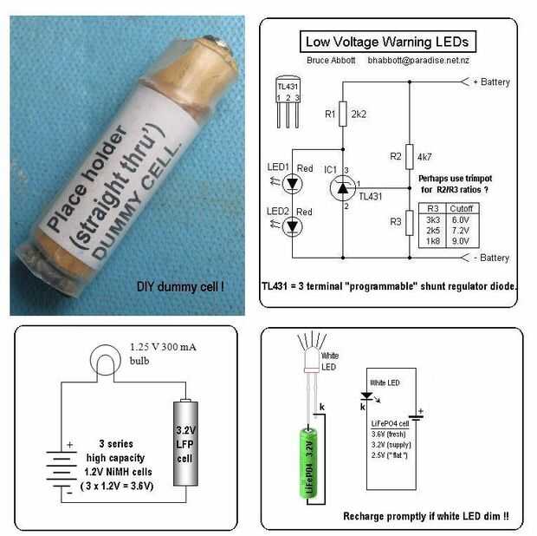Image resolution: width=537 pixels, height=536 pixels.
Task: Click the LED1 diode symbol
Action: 293,183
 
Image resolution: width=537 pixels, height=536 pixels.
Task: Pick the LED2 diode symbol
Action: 293,226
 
